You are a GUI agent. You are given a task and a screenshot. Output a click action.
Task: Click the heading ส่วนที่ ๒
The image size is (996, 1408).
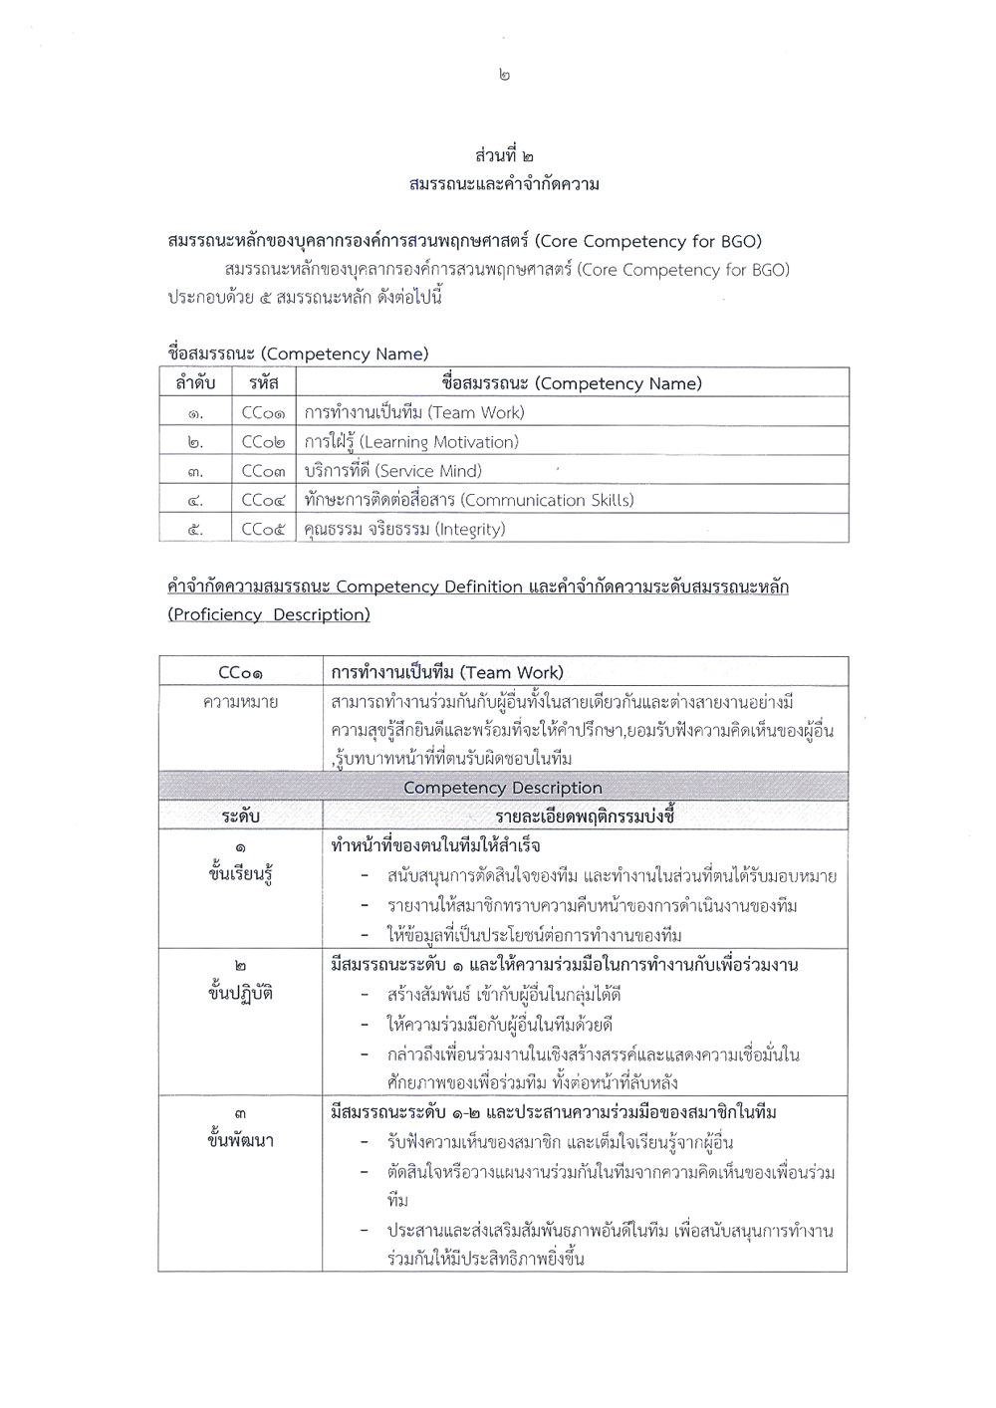click(x=504, y=156)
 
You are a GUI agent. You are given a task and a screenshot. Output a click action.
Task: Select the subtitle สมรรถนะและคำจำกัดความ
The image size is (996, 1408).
click(x=504, y=184)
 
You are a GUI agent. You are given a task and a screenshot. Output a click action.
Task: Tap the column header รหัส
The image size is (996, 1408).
click(x=264, y=383)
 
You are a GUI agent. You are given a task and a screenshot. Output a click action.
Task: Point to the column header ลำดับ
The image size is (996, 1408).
click(x=195, y=383)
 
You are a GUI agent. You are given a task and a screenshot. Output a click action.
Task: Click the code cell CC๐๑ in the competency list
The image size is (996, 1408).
click(x=264, y=412)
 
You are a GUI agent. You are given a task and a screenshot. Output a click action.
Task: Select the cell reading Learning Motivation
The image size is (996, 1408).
click(x=411, y=441)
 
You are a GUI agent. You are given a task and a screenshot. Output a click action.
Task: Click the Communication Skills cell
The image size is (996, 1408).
click(x=469, y=500)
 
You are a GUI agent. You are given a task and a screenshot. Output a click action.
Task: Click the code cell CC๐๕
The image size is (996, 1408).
click(x=264, y=529)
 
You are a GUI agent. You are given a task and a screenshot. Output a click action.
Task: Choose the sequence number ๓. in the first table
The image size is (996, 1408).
click(x=195, y=471)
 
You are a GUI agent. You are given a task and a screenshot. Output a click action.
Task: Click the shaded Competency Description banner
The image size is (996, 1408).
click(x=503, y=788)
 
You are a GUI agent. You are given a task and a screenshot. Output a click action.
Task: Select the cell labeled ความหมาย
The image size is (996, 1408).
click(x=240, y=702)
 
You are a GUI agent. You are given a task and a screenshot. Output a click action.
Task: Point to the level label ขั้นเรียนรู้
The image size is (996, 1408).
click(x=240, y=875)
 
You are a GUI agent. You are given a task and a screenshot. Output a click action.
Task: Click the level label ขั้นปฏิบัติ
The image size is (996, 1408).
click(x=240, y=994)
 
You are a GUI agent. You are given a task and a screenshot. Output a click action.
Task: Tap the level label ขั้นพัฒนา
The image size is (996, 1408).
click(x=240, y=1141)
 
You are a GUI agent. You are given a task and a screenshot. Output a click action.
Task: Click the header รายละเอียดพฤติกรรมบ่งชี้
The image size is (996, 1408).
click(x=585, y=817)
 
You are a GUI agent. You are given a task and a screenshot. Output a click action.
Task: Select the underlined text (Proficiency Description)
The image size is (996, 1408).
click(x=269, y=614)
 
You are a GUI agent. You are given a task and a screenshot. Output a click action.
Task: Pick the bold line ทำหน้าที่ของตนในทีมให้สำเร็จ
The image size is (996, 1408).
click(x=435, y=846)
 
